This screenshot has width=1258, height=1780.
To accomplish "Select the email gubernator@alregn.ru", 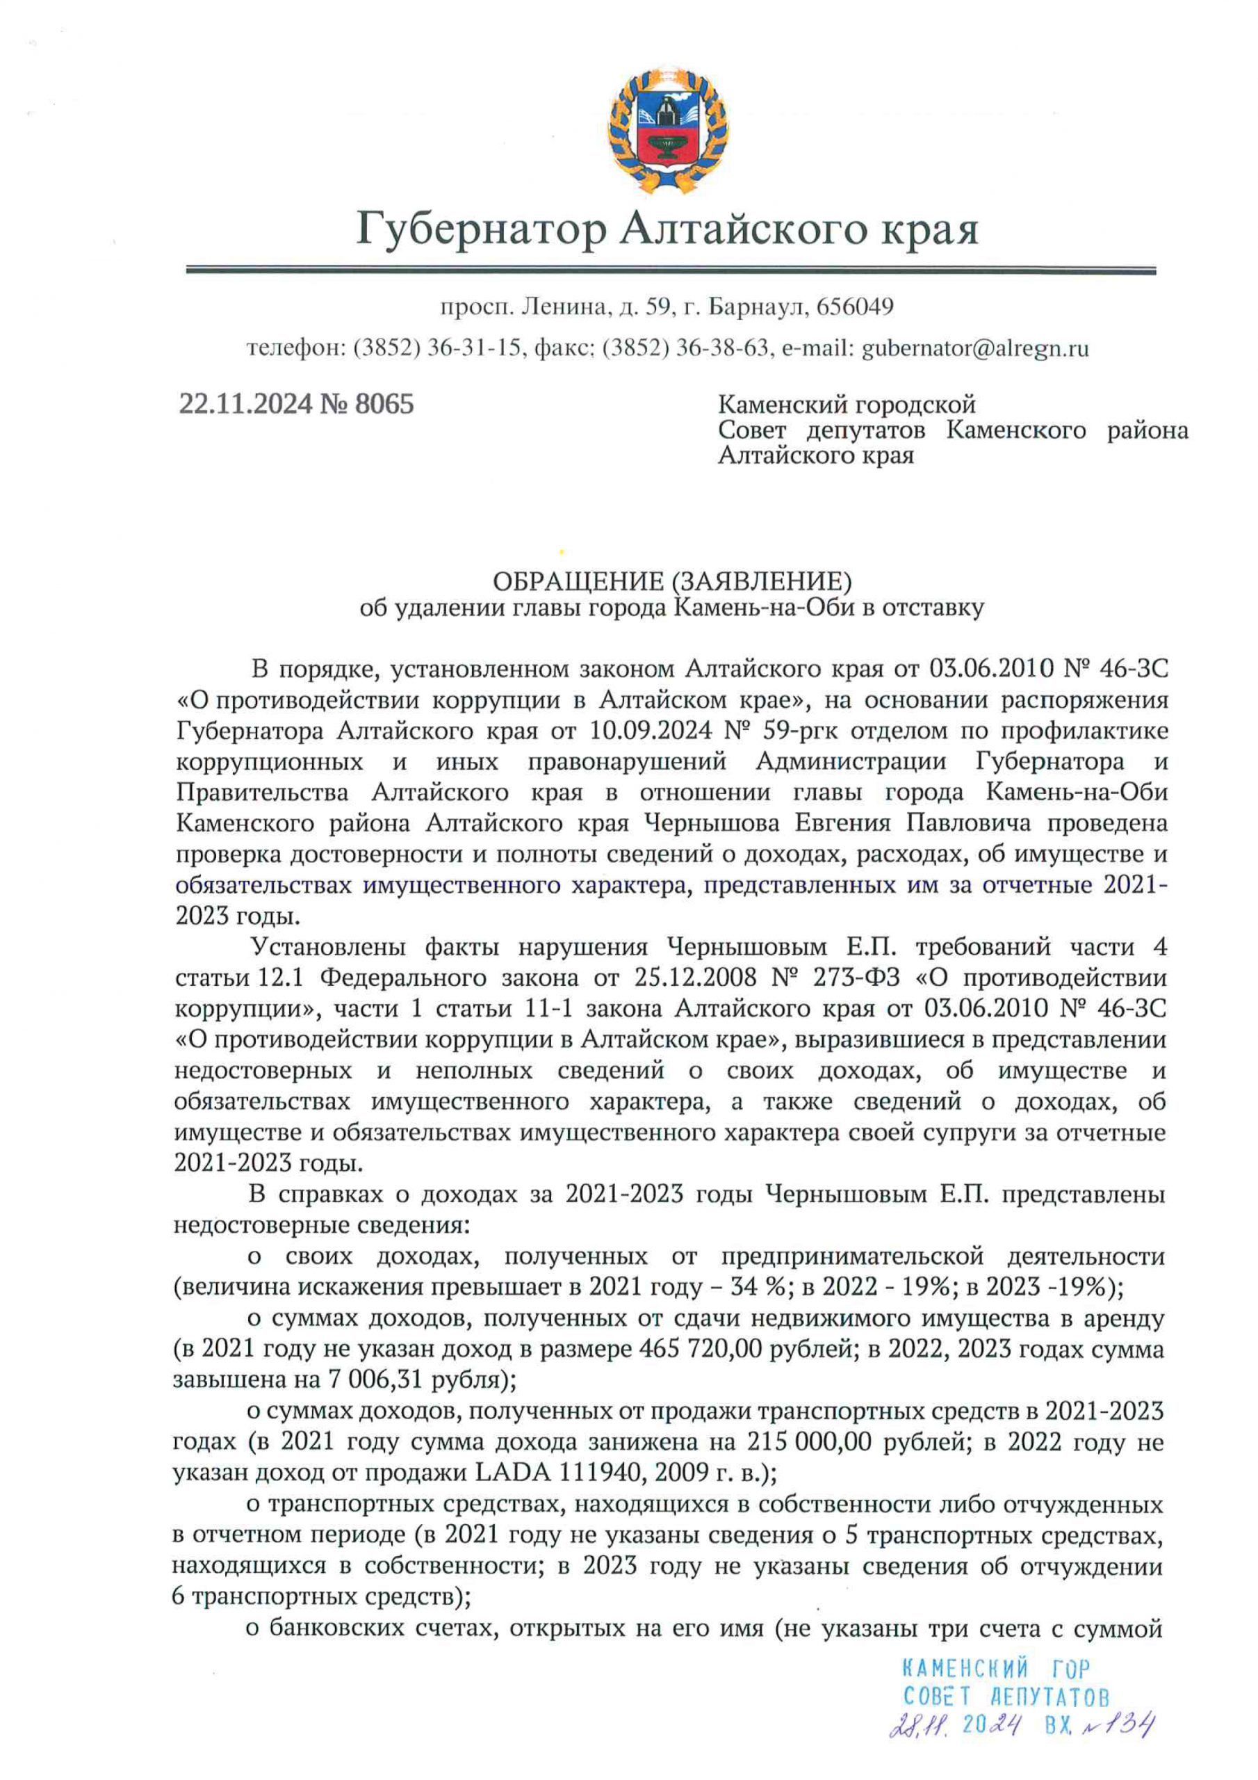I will [x=975, y=348].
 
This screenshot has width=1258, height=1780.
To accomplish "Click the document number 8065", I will [x=384, y=404].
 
